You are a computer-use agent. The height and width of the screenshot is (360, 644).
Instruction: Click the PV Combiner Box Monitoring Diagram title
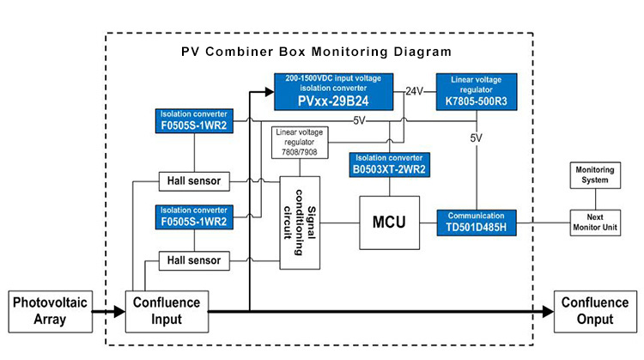tap(317, 52)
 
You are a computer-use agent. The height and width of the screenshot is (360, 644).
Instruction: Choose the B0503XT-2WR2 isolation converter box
tap(391, 163)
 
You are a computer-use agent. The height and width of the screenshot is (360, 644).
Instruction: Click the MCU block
tap(390, 222)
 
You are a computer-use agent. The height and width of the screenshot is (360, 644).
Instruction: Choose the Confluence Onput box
tap(595, 310)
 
